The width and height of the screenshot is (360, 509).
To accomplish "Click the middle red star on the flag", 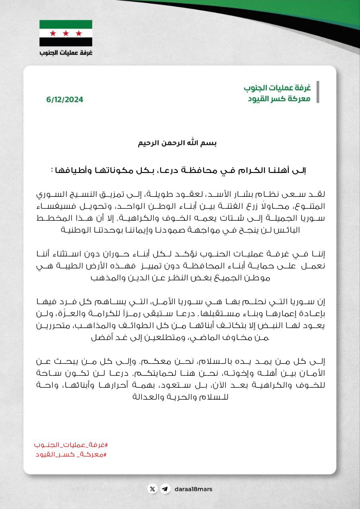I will point(66,33).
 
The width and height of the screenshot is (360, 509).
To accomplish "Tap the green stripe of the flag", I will point(66,24).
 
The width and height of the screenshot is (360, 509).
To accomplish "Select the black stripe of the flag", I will point(66,42).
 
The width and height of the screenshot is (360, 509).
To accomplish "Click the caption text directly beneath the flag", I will point(66,52).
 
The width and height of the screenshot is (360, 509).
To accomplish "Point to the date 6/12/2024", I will point(64,100).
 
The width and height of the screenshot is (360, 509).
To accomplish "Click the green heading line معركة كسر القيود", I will point(277,98).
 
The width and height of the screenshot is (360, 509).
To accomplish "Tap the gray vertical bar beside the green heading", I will point(317,92).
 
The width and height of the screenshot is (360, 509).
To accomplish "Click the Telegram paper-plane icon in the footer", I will point(165,489).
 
